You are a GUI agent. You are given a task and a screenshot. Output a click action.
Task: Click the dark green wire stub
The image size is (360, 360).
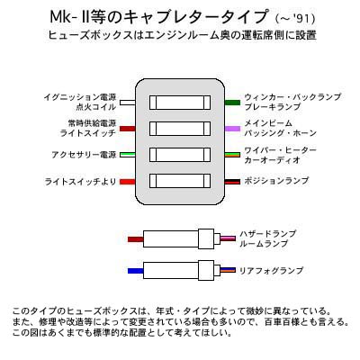point(232,103)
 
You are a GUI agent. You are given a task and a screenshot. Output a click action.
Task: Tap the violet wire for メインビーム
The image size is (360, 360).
point(232,129)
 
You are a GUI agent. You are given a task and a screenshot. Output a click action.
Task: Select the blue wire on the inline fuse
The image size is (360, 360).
point(136,271)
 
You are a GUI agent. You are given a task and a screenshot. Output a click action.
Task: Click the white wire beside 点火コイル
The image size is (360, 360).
point(128,103)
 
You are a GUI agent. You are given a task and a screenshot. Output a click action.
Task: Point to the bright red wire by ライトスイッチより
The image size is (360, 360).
point(128,182)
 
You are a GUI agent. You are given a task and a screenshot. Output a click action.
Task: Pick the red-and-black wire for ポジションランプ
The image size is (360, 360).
point(232,182)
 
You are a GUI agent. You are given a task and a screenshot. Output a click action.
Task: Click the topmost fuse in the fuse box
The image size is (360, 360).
point(180,103)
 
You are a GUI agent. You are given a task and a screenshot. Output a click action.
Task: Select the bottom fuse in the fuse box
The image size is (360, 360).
point(180,181)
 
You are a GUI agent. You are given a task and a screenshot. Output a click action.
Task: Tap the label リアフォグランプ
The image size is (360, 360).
point(271,271)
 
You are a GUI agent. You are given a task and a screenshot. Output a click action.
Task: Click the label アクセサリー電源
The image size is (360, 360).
point(84,155)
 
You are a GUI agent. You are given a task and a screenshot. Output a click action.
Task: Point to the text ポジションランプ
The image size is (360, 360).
point(276,181)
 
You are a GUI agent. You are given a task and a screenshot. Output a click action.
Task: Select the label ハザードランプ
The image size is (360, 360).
point(267,234)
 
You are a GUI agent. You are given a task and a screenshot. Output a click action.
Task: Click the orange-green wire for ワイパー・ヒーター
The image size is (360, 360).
point(232,155)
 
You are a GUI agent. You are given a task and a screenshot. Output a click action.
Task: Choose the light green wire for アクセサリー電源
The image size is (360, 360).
point(128,155)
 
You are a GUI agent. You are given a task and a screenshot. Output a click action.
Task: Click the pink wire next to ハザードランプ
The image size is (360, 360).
point(228,238)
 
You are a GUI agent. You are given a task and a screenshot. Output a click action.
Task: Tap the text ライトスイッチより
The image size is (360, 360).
point(80,182)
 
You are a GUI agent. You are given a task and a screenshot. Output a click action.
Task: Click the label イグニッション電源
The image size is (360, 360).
point(80,97)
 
